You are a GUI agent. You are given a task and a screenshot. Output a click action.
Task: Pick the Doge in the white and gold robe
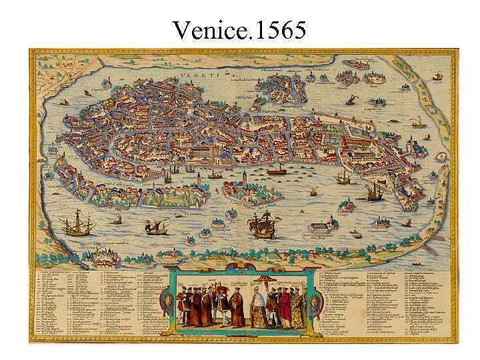(260, 307)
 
